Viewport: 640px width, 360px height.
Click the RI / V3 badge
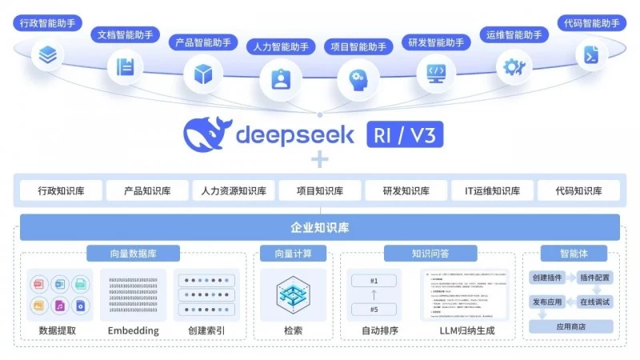click(x=405, y=134)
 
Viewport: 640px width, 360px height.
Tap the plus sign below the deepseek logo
click(x=320, y=160)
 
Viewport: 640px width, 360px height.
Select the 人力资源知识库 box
click(x=234, y=190)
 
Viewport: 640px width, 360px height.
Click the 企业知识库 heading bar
click(x=319, y=227)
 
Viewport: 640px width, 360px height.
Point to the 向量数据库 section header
click(x=133, y=254)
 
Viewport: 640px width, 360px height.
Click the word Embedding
click(x=133, y=330)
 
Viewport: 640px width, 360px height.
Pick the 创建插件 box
click(x=547, y=278)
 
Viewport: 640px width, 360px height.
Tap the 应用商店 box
click(x=570, y=326)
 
